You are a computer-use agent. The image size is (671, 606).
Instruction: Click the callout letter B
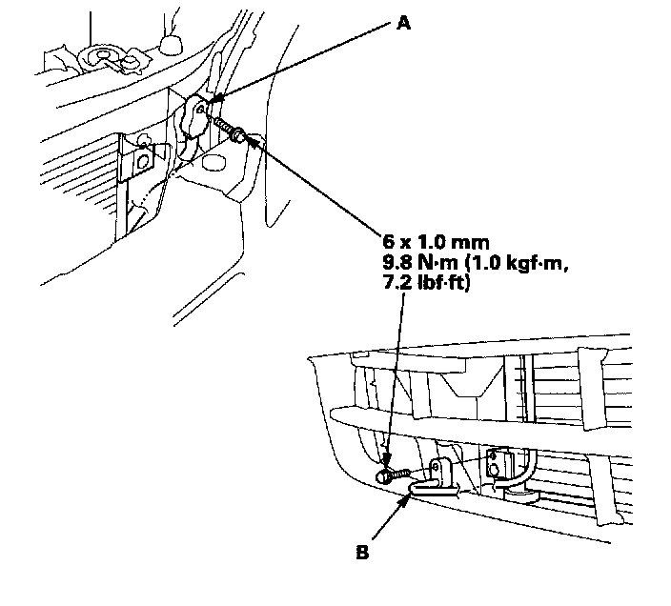pyautogui.click(x=363, y=551)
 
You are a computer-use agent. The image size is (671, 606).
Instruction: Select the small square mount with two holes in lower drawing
pyautogui.click(x=494, y=464)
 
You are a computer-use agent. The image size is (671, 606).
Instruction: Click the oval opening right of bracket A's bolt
pyautogui.click(x=236, y=137)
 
